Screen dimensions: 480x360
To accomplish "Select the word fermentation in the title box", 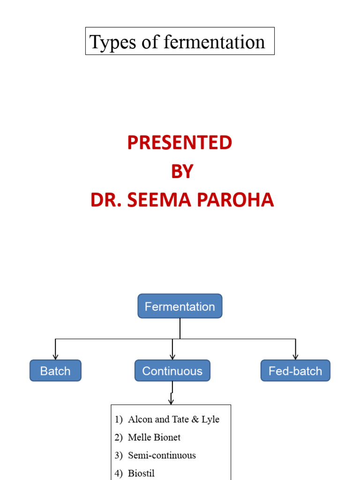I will click(x=214, y=42).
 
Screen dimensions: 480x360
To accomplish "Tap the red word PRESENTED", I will click(x=180, y=143).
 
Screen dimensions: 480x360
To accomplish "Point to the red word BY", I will click(x=182, y=172).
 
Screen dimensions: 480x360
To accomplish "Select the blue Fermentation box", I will click(x=180, y=307).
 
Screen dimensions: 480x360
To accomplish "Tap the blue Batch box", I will click(x=55, y=371).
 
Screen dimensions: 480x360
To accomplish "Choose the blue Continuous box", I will click(x=172, y=371).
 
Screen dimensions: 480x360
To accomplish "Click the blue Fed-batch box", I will click(x=295, y=371).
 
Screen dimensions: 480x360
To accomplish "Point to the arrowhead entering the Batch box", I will click(x=55, y=357).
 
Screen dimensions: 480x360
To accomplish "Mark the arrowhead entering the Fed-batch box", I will click(x=295, y=357).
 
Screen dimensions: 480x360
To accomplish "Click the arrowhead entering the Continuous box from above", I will click(x=172, y=357).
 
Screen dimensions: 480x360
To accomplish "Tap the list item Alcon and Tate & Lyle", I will click(x=173, y=420).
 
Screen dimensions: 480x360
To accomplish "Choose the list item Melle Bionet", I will click(x=154, y=437).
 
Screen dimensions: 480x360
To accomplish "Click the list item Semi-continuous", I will click(x=162, y=455).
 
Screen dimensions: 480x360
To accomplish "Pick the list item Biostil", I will click(x=141, y=473).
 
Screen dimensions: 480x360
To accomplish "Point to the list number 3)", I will click(x=118, y=455).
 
